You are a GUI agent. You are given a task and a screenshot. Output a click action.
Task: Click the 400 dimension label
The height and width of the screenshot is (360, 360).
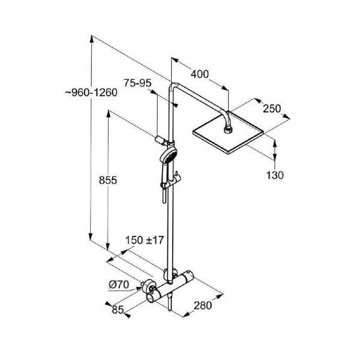pos(200,74)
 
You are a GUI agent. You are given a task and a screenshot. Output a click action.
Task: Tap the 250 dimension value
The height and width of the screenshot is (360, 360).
pos(272,109)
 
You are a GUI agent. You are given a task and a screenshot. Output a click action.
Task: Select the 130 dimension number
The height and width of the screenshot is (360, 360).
pos(275,175)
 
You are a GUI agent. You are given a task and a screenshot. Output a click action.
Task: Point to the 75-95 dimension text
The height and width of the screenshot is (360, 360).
pos(137,83)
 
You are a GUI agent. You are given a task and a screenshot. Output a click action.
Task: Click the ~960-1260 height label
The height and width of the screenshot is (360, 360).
pos(91,92)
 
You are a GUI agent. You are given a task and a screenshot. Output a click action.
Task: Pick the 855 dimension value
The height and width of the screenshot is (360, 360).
pos(108,180)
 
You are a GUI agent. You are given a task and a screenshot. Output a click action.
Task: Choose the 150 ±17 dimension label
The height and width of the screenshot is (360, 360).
pos(145,240)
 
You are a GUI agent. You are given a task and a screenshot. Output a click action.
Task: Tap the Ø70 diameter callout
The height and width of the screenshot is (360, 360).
pos(119,284)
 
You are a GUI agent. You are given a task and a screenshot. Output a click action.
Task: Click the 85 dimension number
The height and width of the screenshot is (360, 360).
pos(118,310)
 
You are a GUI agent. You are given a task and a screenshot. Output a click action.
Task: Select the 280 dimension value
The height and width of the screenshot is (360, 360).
pos(203,305)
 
